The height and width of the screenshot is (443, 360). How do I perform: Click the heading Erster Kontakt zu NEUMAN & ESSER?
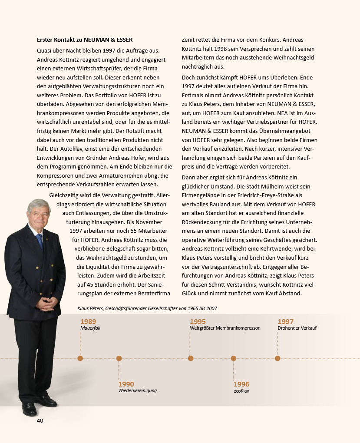pyautogui.click(x=85, y=40)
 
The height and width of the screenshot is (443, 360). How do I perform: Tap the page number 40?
pyautogui.click(x=40, y=420)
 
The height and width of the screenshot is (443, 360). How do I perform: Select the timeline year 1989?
pyautogui.click(x=88, y=321)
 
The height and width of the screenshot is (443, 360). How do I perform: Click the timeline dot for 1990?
pyautogui.click(x=119, y=358)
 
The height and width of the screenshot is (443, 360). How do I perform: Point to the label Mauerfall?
pyautogui.click(x=90, y=328)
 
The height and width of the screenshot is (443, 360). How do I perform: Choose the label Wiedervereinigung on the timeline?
pyautogui.click(x=137, y=390)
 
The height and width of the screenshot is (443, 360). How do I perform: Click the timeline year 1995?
pyautogui.click(x=198, y=321)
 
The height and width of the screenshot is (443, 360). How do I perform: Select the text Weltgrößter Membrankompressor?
pyautogui.click(x=225, y=328)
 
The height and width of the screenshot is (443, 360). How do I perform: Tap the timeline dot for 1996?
pyautogui.click(x=234, y=358)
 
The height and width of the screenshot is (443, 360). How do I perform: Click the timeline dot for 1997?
pyautogui.click(x=277, y=358)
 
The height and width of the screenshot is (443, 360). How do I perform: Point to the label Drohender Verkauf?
pyautogui.click(x=297, y=328)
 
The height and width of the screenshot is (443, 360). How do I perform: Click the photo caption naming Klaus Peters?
pyautogui.click(x=147, y=308)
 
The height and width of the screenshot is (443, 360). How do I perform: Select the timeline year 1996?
pyautogui.click(x=241, y=384)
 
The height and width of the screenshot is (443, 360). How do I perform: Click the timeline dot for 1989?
pyautogui.click(x=80, y=358)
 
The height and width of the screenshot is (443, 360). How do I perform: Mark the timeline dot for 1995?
pyautogui.click(x=191, y=358)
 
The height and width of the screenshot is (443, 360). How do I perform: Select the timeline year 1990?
pyautogui.click(x=126, y=384)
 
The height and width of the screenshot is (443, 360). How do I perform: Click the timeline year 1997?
pyautogui.click(x=285, y=321)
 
